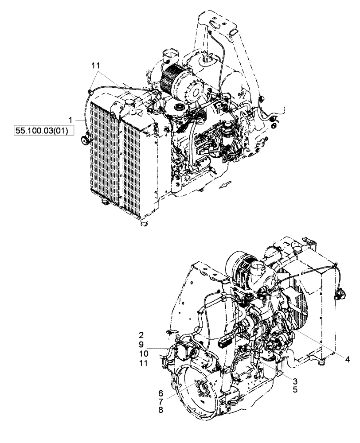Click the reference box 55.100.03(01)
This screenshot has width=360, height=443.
tap(41, 132)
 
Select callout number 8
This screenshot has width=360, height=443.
tap(160, 411)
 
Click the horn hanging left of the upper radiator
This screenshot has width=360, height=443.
tap(83, 141)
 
